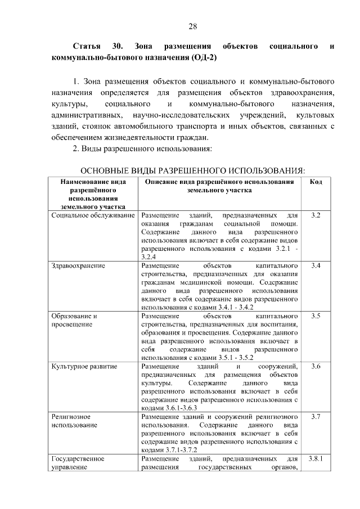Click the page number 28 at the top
(192, 26)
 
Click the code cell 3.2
(316, 216)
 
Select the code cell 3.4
(316, 265)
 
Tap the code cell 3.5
(316, 316)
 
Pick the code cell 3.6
(316, 367)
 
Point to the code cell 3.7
(316, 417)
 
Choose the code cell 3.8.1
(316, 459)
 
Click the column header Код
(316, 182)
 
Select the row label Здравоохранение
(78, 265)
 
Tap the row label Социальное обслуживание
(93, 216)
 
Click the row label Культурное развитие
(84, 367)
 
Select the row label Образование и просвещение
(74, 320)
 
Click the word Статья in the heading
(87, 45)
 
